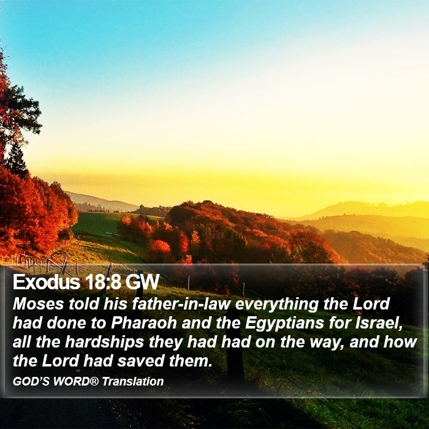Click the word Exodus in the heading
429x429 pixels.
(47, 282)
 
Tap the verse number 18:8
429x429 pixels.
(103, 282)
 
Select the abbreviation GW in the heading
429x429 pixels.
(143, 282)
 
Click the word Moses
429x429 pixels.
(38, 304)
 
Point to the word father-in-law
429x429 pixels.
(181, 304)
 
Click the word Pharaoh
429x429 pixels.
(144, 323)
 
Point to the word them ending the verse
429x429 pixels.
(191, 361)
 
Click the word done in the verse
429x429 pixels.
(66, 323)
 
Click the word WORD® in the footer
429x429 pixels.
(76, 381)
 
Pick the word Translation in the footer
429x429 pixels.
(133, 381)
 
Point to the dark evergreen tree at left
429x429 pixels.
(17, 160)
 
